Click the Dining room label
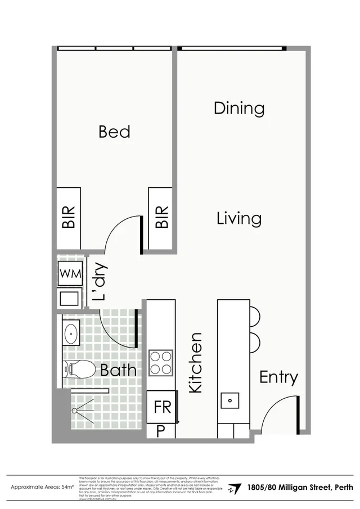click(239, 108)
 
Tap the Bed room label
click(114, 132)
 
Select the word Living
click(239, 218)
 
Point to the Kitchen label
click(195, 363)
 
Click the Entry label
click(278, 377)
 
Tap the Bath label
click(118, 370)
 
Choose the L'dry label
click(100, 283)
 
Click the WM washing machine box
click(71, 273)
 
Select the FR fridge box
click(162, 407)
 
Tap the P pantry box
click(160, 431)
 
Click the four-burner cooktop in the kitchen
click(161, 363)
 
